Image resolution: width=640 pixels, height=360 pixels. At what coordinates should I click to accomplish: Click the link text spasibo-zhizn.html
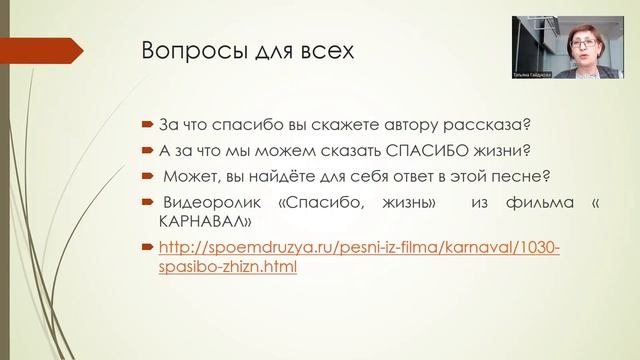[x=229, y=267]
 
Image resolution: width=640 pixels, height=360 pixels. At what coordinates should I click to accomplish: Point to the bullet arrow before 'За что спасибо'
[x=146, y=125]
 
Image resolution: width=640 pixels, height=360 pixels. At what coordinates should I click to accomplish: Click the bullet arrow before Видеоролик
[x=146, y=204]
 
